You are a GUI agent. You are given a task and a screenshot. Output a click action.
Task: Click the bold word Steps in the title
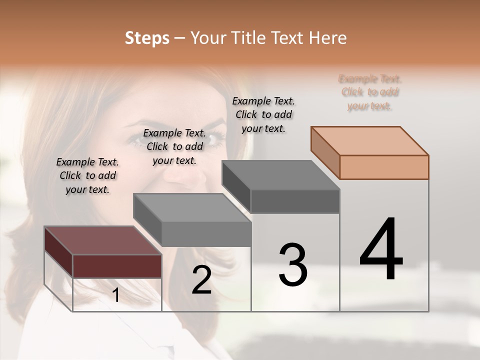pos(147,38)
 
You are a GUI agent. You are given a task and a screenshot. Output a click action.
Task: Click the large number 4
pos(381,249)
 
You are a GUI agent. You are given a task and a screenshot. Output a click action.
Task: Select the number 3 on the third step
pos(293,265)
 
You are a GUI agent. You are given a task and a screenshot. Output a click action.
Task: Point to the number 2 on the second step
pos(201,280)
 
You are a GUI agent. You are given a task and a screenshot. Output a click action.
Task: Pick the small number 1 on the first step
pos(115,295)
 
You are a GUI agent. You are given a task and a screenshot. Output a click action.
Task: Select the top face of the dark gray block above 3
pos(280,175)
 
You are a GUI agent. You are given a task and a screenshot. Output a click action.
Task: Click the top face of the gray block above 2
pos(192,207)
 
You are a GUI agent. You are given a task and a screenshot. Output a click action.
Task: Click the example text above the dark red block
pos(87,175)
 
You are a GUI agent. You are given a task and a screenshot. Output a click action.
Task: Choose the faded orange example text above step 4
pos(370,92)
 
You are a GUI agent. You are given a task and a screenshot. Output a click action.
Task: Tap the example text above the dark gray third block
pos(263,114)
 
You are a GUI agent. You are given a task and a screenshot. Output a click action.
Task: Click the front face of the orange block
pos(384,167)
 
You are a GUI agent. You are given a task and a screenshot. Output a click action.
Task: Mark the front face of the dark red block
pos(117,265)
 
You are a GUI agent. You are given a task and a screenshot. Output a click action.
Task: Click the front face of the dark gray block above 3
pos(295,201)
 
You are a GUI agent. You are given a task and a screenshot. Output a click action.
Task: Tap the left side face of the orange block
pos(325,152)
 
